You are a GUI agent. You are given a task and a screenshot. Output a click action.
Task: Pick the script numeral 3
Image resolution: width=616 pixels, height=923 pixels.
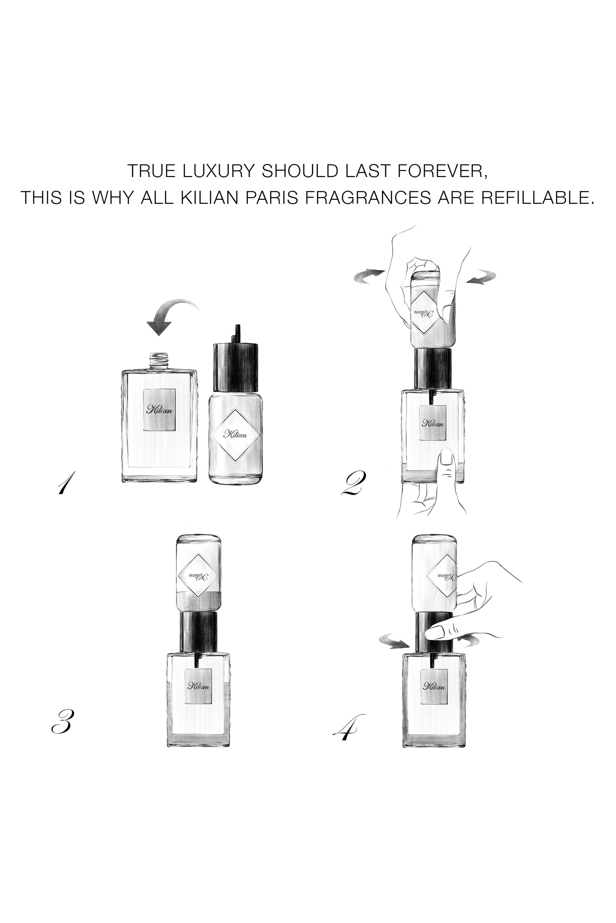coord(62,722)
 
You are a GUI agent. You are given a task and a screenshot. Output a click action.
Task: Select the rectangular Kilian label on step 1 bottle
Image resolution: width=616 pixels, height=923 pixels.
coord(159,410)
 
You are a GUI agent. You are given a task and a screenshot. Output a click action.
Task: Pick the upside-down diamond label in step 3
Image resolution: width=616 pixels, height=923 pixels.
coord(198,577)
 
